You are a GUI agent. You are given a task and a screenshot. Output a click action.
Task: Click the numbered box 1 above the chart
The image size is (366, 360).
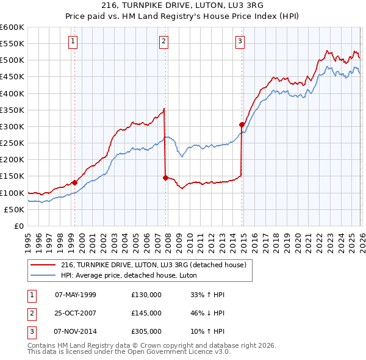[x=73, y=41]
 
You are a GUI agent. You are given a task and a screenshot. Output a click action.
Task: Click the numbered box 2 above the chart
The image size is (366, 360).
[x=164, y=41]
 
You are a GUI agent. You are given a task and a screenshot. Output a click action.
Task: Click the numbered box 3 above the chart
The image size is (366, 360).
[x=240, y=41]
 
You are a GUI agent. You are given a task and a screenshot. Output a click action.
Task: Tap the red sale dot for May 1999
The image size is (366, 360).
[x=74, y=182]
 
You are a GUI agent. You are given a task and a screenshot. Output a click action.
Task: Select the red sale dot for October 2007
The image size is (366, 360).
[x=166, y=178]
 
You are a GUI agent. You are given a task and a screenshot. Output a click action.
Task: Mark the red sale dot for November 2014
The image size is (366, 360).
[x=242, y=124]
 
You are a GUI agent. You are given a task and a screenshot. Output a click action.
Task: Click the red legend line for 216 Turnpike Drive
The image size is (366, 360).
[x=43, y=265]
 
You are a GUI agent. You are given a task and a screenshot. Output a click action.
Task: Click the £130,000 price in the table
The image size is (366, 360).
[x=146, y=295]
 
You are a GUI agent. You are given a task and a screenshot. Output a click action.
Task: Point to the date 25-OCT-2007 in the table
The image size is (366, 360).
[x=76, y=313]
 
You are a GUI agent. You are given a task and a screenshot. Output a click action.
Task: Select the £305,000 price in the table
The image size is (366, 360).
[x=146, y=331]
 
